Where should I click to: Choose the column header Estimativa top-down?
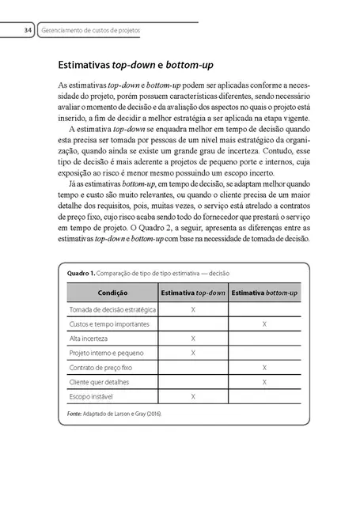192,293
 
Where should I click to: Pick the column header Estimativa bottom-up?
263,293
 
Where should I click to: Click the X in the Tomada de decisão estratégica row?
193,309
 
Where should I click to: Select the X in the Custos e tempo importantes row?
264,323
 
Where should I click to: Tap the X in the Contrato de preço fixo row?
264,367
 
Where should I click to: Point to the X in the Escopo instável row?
193,395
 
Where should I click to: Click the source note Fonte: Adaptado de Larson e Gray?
115,414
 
